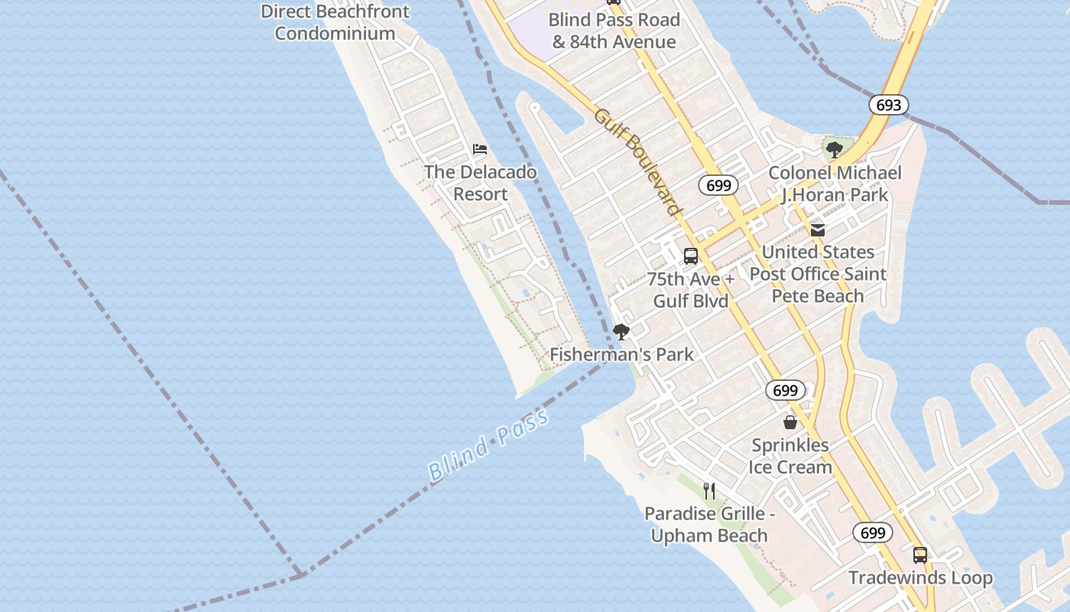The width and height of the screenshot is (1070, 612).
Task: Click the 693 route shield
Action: tap(888, 105)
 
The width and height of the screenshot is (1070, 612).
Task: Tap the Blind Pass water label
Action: tap(488, 445)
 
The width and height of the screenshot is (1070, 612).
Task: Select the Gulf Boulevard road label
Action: tap(637, 161)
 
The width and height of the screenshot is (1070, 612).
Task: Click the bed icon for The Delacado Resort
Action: tap(480, 148)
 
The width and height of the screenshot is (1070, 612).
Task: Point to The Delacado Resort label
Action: tap(480, 183)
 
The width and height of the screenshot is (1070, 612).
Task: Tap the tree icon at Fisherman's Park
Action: tap(621, 332)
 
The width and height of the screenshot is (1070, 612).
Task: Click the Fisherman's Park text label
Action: tap(621, 354)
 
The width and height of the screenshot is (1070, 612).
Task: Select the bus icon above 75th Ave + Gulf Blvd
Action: tap(691, 256)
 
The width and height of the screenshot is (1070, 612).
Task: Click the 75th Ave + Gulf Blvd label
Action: tap(691, 290)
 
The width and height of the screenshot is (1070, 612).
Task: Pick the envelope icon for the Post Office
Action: tap(818, 229)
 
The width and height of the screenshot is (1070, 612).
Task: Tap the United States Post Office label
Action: tap(818, 274)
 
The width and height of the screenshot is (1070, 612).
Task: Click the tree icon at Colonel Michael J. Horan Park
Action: tap(835, 150)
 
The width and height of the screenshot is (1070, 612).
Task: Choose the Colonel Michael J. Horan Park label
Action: tap(835, 184)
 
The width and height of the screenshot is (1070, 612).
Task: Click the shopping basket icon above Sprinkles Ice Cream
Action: tap(790, 422)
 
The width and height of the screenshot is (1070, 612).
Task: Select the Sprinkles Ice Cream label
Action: tap(790, 456)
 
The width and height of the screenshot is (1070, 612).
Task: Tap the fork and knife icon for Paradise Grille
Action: tap(709, 490)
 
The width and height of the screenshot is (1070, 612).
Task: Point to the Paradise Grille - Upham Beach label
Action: tap(709, 524)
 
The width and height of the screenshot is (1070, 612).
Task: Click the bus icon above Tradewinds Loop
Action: tap(920, 555)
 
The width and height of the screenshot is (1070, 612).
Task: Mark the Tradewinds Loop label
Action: tap(920, 578)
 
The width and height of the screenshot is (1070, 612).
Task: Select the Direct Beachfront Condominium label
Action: tap(335, 22)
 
